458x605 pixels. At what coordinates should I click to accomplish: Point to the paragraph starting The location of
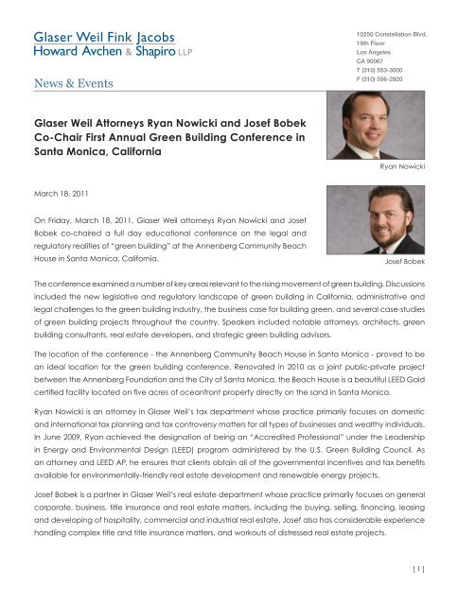pos(227,380)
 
